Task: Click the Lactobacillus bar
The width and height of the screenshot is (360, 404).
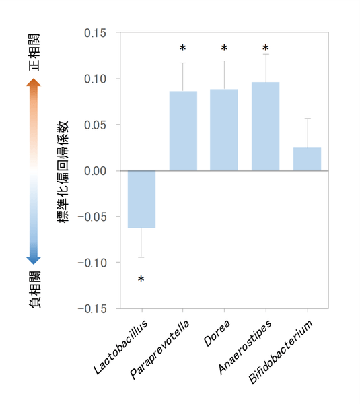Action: [141, 199]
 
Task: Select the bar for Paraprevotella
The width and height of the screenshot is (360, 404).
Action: [183, 131]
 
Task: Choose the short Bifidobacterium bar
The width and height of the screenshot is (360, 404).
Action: [307, 159]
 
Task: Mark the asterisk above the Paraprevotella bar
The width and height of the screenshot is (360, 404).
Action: [182, 49]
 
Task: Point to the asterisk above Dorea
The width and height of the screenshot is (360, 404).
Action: [224, 49]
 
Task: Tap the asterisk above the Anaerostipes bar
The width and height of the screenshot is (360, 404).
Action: [265, 49]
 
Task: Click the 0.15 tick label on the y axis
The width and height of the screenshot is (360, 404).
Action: [96, 33]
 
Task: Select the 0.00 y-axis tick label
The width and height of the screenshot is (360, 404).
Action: [96, 171]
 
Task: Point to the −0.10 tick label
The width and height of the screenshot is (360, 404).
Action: [92, 263]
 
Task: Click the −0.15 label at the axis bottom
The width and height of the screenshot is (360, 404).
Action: [92, 309]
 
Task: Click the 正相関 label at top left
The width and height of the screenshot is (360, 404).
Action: [34, 52]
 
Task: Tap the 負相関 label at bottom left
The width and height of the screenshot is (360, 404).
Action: [34, 290]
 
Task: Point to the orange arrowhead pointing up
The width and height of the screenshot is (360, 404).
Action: [34, 82]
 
